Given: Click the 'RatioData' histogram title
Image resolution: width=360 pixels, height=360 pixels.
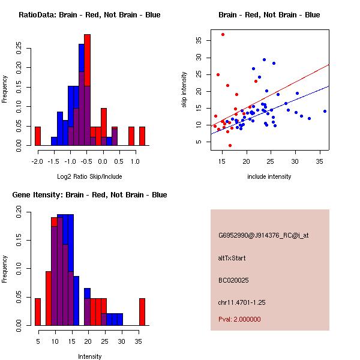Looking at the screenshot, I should pyautogui.click(x=89, y=15).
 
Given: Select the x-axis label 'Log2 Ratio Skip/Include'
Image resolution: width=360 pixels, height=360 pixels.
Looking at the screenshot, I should pyautogui.click(x=89, y=177).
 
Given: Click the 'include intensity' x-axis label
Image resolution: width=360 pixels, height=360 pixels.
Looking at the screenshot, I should pyautogui.click(x=269, y=177).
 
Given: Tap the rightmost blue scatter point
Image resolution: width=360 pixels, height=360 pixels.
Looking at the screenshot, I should pyautogui.click(x=325, y=111).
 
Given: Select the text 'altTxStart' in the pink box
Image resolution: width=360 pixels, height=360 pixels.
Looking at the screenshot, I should pyautogui.click(x=232, y=258).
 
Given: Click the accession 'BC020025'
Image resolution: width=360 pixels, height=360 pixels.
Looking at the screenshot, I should pyautogui.click(x=233, y=280).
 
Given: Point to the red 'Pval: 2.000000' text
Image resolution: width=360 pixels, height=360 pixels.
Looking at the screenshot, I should pyautogui.click(x=239, y=319).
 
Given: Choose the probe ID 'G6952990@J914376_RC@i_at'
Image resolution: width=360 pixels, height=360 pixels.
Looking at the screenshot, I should pyautogui.click(x=263, y=236).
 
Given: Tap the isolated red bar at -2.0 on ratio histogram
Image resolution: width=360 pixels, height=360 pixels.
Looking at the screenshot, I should pyautogui.click(x=38, y=136).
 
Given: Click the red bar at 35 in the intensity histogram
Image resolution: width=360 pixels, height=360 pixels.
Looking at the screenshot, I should pyautogui.click(x=142, y=312).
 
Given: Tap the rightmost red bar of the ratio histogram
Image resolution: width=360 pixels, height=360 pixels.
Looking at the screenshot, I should pyautogui.click(x=142, y=136).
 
